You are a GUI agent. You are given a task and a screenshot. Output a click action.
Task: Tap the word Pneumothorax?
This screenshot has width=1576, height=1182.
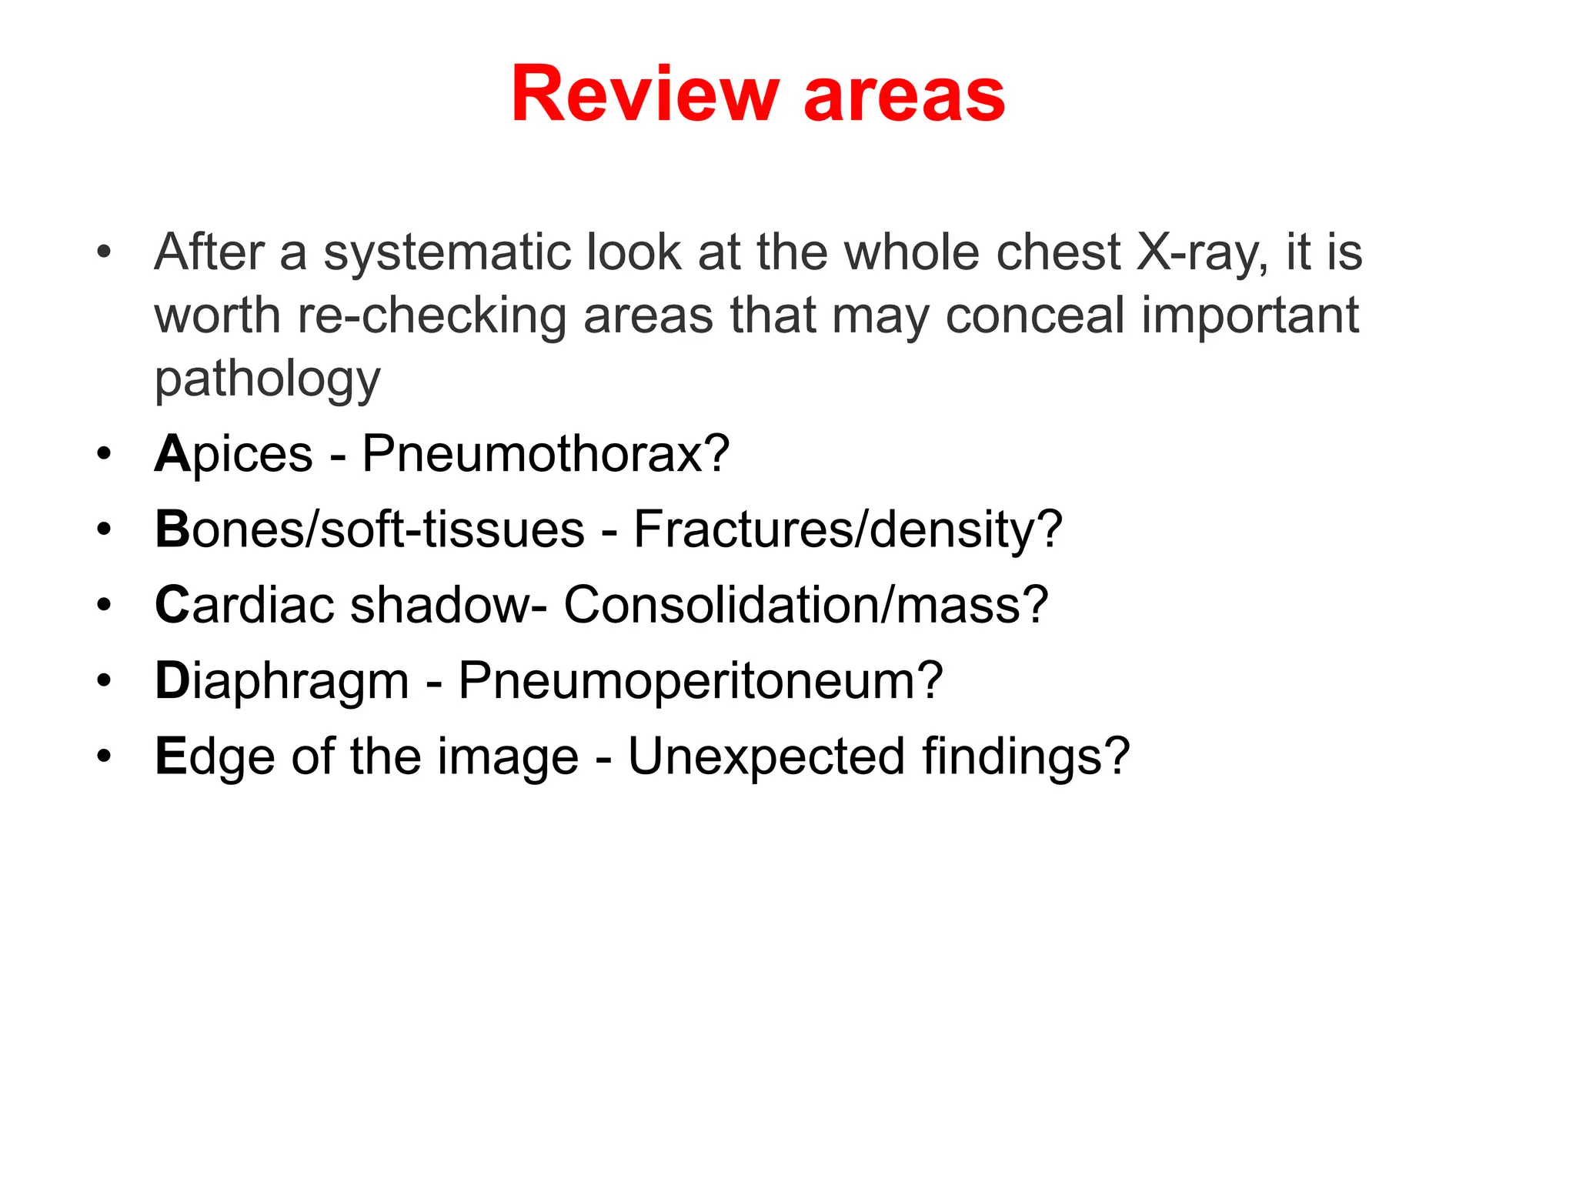546,453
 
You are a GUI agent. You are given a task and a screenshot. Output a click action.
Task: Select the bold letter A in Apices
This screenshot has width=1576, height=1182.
172,453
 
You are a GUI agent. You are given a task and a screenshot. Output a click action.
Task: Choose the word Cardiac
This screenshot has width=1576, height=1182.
244,604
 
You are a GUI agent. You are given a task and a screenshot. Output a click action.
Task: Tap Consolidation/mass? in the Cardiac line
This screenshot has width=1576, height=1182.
806,604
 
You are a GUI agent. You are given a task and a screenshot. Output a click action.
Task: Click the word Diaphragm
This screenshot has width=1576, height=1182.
282,681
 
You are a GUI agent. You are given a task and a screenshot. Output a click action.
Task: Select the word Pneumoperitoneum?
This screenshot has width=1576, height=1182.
700,680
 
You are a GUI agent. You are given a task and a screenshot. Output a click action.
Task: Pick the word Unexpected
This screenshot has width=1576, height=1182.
766,756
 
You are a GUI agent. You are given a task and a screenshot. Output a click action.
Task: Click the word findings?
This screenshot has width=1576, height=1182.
1026,756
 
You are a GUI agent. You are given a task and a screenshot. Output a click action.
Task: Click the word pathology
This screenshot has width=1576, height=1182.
267,379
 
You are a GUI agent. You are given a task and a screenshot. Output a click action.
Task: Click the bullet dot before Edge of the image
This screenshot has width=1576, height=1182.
104,756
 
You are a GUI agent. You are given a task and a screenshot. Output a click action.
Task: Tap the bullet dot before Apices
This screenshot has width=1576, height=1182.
104,453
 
